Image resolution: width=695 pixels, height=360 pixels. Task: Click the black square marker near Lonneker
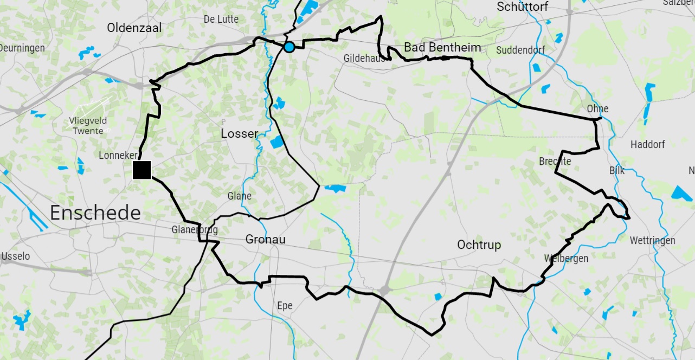pyautogui.click(x=141, y=170)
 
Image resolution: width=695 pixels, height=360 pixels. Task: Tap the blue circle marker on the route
pyautogui.click(x=289, y=47)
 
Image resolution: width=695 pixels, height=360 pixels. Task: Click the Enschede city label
pyautogui.click(x=95, y=213)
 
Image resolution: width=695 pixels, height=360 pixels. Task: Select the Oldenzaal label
pyautogui.click(x=134, y=28)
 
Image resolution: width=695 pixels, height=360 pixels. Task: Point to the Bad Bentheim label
pyautogui.click(x=442, y=47)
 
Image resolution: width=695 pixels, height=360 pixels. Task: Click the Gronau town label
pyautogui.click(x=265, y=239)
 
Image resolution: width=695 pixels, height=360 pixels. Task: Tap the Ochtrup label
pyautogui.click(x=479, y=245)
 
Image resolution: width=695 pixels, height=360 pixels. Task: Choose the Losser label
pyautogui.click(x=239, y=133)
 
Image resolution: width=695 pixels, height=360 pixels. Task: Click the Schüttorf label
pyautogui.click(x=522, y=7)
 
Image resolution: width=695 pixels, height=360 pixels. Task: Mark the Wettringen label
pyautogui.click(x=652, y=240)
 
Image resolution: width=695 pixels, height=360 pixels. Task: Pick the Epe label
pyautogui.click(x=285, y=306)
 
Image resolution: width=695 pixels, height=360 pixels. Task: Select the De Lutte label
pyautogui.click(x=221, y=19)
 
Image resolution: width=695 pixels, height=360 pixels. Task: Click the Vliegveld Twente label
pyautogui.click(x=88, y=126)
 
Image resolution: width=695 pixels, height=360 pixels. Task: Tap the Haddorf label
pyautogui.click(x=647, y=144)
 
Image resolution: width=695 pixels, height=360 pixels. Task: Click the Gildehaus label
pyautogui.click(x=364, y=58)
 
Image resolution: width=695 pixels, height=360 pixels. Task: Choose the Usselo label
pyautogui.click(x=16, y=256)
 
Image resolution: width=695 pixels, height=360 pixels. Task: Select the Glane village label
pyautogui.click(x=240, y=196)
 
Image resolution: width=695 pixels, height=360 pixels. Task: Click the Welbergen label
pyautogui.click(x=565, y=258)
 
